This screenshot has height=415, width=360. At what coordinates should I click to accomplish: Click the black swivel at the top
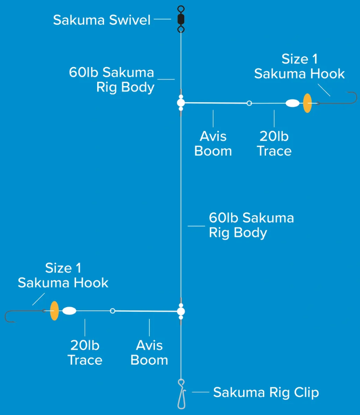(181, 19)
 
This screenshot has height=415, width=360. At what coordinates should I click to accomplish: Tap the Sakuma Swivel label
(102, 20)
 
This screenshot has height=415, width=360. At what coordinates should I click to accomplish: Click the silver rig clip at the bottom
(181, 394)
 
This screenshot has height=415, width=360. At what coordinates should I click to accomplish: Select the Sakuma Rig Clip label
(266, 392)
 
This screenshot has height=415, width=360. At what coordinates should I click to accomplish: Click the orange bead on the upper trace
(307, 103)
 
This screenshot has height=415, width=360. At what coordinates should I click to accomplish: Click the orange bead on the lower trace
(54, 310)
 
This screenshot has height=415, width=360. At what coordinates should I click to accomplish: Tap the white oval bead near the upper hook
(293, 103)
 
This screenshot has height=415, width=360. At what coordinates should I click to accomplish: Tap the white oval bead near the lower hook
(69, 310)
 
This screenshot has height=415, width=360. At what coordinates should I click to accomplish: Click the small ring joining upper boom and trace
(249, 103)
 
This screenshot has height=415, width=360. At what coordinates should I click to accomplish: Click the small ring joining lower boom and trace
(112, 310)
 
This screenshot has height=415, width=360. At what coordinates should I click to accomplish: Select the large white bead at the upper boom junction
(181, 103)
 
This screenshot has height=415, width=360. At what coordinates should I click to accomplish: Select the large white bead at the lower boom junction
(181, 310)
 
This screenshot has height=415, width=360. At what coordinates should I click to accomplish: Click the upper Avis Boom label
(213, 143)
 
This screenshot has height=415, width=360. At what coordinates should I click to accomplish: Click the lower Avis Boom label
(149, 353)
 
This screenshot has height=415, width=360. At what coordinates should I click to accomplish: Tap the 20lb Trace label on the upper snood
(274, 143)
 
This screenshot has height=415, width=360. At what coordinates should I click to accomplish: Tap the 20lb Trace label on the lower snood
(85, 353)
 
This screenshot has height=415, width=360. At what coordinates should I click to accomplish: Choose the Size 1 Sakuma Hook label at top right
(299, 66)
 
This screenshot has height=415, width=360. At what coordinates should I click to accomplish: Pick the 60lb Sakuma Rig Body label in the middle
(251, 225)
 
